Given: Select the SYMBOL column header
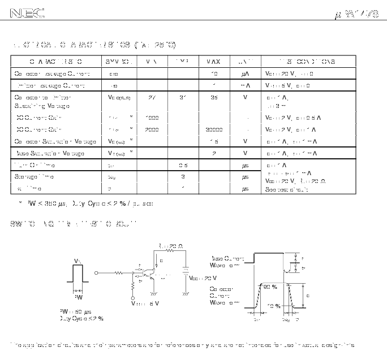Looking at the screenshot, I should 119,62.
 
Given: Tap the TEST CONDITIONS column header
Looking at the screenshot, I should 307,62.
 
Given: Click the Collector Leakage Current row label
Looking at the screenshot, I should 52,73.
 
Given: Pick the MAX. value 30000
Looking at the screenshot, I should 214,129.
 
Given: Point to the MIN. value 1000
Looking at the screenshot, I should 152,118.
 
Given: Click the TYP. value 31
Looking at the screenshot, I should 183,97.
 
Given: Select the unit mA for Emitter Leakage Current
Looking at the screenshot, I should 245,85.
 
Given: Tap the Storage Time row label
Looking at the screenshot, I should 34,177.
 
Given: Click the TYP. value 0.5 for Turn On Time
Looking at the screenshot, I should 183,165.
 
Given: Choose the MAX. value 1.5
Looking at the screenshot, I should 214,141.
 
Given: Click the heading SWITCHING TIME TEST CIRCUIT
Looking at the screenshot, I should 73,224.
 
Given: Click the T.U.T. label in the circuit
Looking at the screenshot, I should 164,276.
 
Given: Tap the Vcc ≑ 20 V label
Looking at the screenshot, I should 203,278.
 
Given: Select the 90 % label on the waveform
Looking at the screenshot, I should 270,287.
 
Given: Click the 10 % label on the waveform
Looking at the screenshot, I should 274,306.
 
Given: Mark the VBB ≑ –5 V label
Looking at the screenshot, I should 145,303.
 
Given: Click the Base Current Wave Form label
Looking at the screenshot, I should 227,262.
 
